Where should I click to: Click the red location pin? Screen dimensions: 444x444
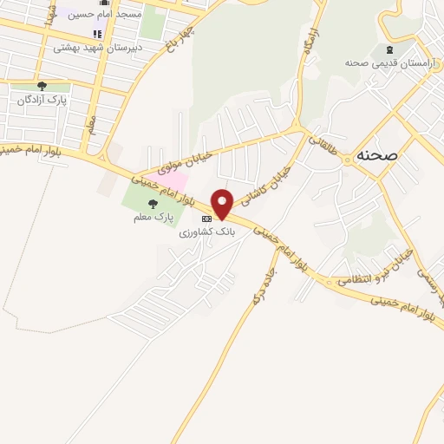coord(223,203)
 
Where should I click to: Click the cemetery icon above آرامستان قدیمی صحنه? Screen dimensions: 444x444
coord(388,49)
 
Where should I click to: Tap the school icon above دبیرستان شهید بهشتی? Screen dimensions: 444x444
coord(96,35)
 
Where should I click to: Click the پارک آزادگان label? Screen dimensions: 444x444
coord(42,101)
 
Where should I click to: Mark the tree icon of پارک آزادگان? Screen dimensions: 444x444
coord(42,87)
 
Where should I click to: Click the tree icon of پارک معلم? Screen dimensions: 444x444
coord(153,203)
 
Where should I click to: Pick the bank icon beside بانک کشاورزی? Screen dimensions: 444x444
coord(206,219)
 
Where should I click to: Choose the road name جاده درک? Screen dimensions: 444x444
coord(256,285)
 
